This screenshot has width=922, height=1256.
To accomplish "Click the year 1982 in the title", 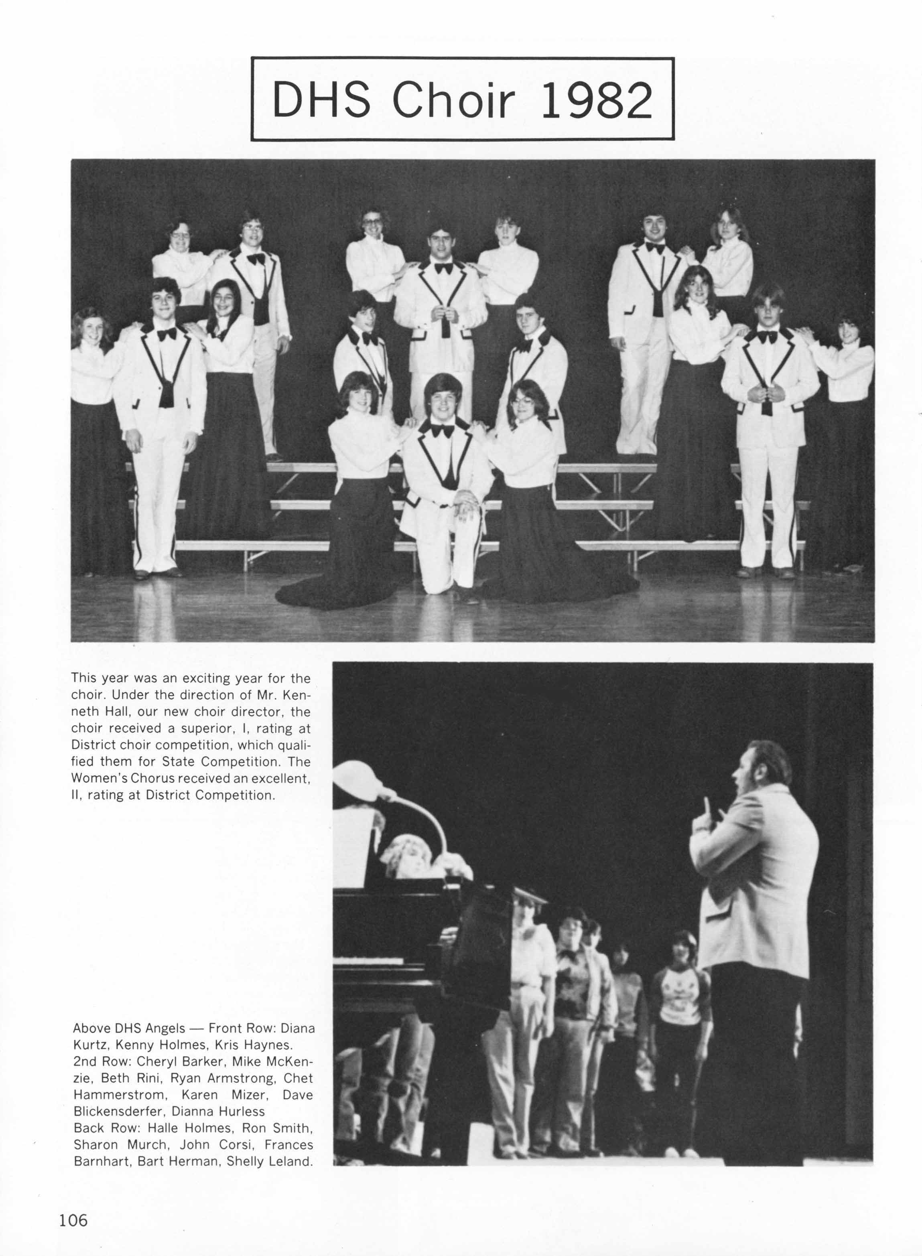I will (597, 100).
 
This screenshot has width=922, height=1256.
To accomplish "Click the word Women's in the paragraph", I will (99, 778).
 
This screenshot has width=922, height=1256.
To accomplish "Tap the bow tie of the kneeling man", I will (442, 431).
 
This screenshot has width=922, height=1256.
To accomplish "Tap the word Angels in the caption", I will (164, 1028).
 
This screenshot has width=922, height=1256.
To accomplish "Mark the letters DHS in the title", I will (321, 100).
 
